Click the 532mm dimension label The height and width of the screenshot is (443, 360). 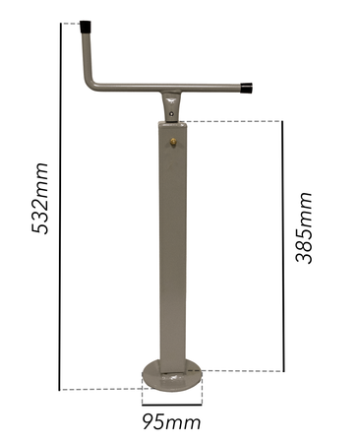40,197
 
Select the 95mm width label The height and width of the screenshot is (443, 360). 172,422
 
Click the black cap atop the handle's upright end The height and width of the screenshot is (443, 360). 87,27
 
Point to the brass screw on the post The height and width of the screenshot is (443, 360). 174,143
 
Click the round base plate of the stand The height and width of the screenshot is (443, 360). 171,372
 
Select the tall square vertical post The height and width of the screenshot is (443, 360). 171,246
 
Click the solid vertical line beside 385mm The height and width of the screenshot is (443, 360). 282,246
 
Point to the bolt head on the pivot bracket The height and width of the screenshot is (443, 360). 172,113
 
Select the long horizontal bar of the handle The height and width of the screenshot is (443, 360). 167,89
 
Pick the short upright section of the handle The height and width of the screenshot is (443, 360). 87,54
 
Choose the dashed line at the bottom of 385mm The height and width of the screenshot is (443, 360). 241,371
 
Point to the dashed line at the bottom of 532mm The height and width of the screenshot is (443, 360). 98,390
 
